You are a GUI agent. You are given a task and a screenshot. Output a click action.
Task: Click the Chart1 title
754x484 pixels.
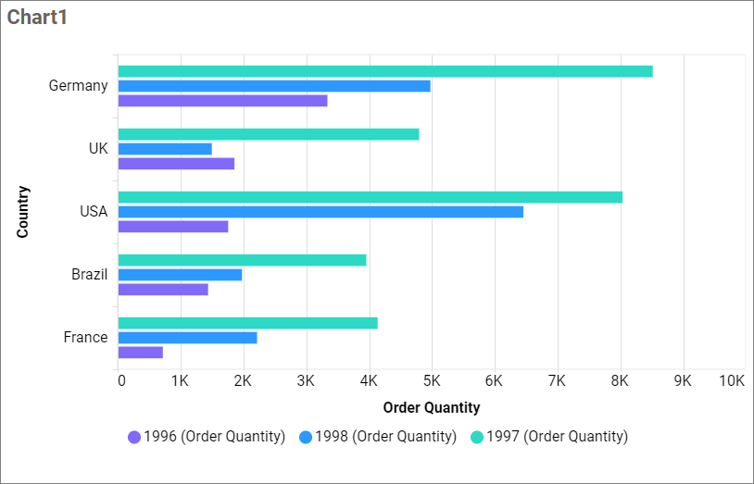pyautogui.click(x=37, y=18)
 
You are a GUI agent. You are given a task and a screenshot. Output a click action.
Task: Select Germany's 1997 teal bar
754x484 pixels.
pyautogui.click(x=385, y=71)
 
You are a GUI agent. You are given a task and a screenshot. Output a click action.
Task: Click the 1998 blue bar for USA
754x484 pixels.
pyautogui.click(x=320, y=212)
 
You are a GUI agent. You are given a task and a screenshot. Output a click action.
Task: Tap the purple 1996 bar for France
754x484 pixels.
pyautogui.click(x=141, y=353)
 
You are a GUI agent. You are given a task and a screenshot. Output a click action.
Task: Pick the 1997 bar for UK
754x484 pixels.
pyautogui.click(x=269, y=134)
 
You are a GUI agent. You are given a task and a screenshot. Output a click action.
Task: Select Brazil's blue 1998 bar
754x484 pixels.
pyautogui.click(x=180, y=275)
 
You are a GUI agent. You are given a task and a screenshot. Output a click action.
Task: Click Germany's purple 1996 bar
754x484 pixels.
pyautogui.click(x=222, y=101)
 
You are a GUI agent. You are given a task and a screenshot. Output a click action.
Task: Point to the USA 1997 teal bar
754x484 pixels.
pyautogui.click(x=371, y=197)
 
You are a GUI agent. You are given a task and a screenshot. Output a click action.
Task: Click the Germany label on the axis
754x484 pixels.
pyautogui.click(x=78, y=86)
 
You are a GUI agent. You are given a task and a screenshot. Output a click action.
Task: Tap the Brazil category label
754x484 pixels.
pyautogui.click(x=89, y=275)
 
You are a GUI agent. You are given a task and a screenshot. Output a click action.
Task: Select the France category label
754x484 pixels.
pyautogui.click(x=85, y=338)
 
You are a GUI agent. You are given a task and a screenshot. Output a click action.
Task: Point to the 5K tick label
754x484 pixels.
pyautogui.click(x=432, y=381)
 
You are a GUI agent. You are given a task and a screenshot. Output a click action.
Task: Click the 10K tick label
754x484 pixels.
pyautogui.click(x=732, y=381)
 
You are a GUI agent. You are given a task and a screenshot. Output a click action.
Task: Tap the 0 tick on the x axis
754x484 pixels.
pyautogui.click(x=120, y=381)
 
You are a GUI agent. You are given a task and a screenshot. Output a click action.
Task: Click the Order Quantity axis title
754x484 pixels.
pyautogui.click(x=431, y=407)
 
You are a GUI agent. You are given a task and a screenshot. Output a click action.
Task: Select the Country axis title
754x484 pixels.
pyautogui.click(x=23, y=212)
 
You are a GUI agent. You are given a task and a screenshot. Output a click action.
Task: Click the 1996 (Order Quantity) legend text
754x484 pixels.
pyautogui.click(x=214, y=437)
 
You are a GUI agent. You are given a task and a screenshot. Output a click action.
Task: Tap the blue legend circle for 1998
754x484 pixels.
pyautogui.click(x=306, y=437)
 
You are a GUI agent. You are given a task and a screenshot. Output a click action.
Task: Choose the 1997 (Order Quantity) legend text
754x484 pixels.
pyautogui.click(x=557, y=437)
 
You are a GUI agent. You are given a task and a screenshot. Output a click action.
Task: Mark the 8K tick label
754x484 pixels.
pyautogui.click(x=620, y=381)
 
